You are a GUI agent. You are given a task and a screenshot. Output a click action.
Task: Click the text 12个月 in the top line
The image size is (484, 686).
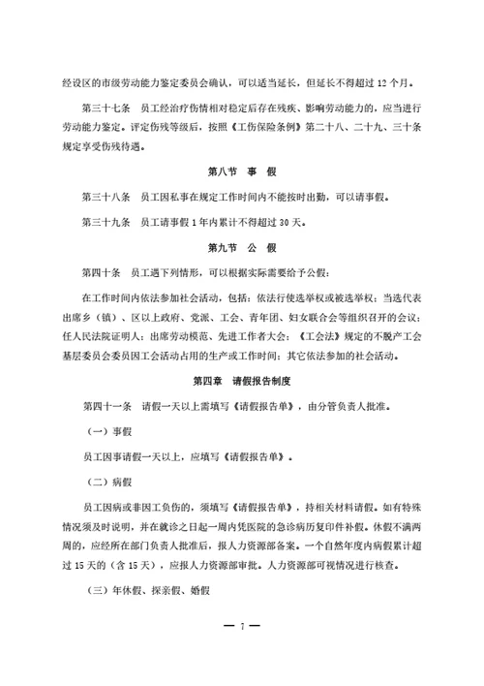click(x=394, y=80)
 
